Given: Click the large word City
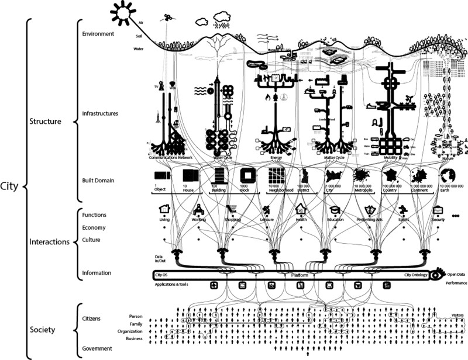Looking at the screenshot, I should pyautogui.click(x=11, y=187).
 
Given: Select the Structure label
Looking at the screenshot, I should pyautogui.click(x=46, y=122).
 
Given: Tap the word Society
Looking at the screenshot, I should pyautogui.click(x=42, y=330).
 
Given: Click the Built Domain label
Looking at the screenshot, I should pyautogui.click(x=98, y=181).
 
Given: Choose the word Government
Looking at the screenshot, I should pyautogui.click(x=98, y=348).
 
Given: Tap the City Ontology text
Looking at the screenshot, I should pyautogui.click(x=416, y=275).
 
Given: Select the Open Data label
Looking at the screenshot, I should pyautogui.click(x=457, y=274).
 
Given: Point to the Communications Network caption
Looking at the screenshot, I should pyautogui.click(x=171, y=158).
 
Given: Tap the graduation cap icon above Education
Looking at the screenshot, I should pyautogui.click(x=335, y=209).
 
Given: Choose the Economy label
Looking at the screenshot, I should pyautogui.click(x=94, y=228).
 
